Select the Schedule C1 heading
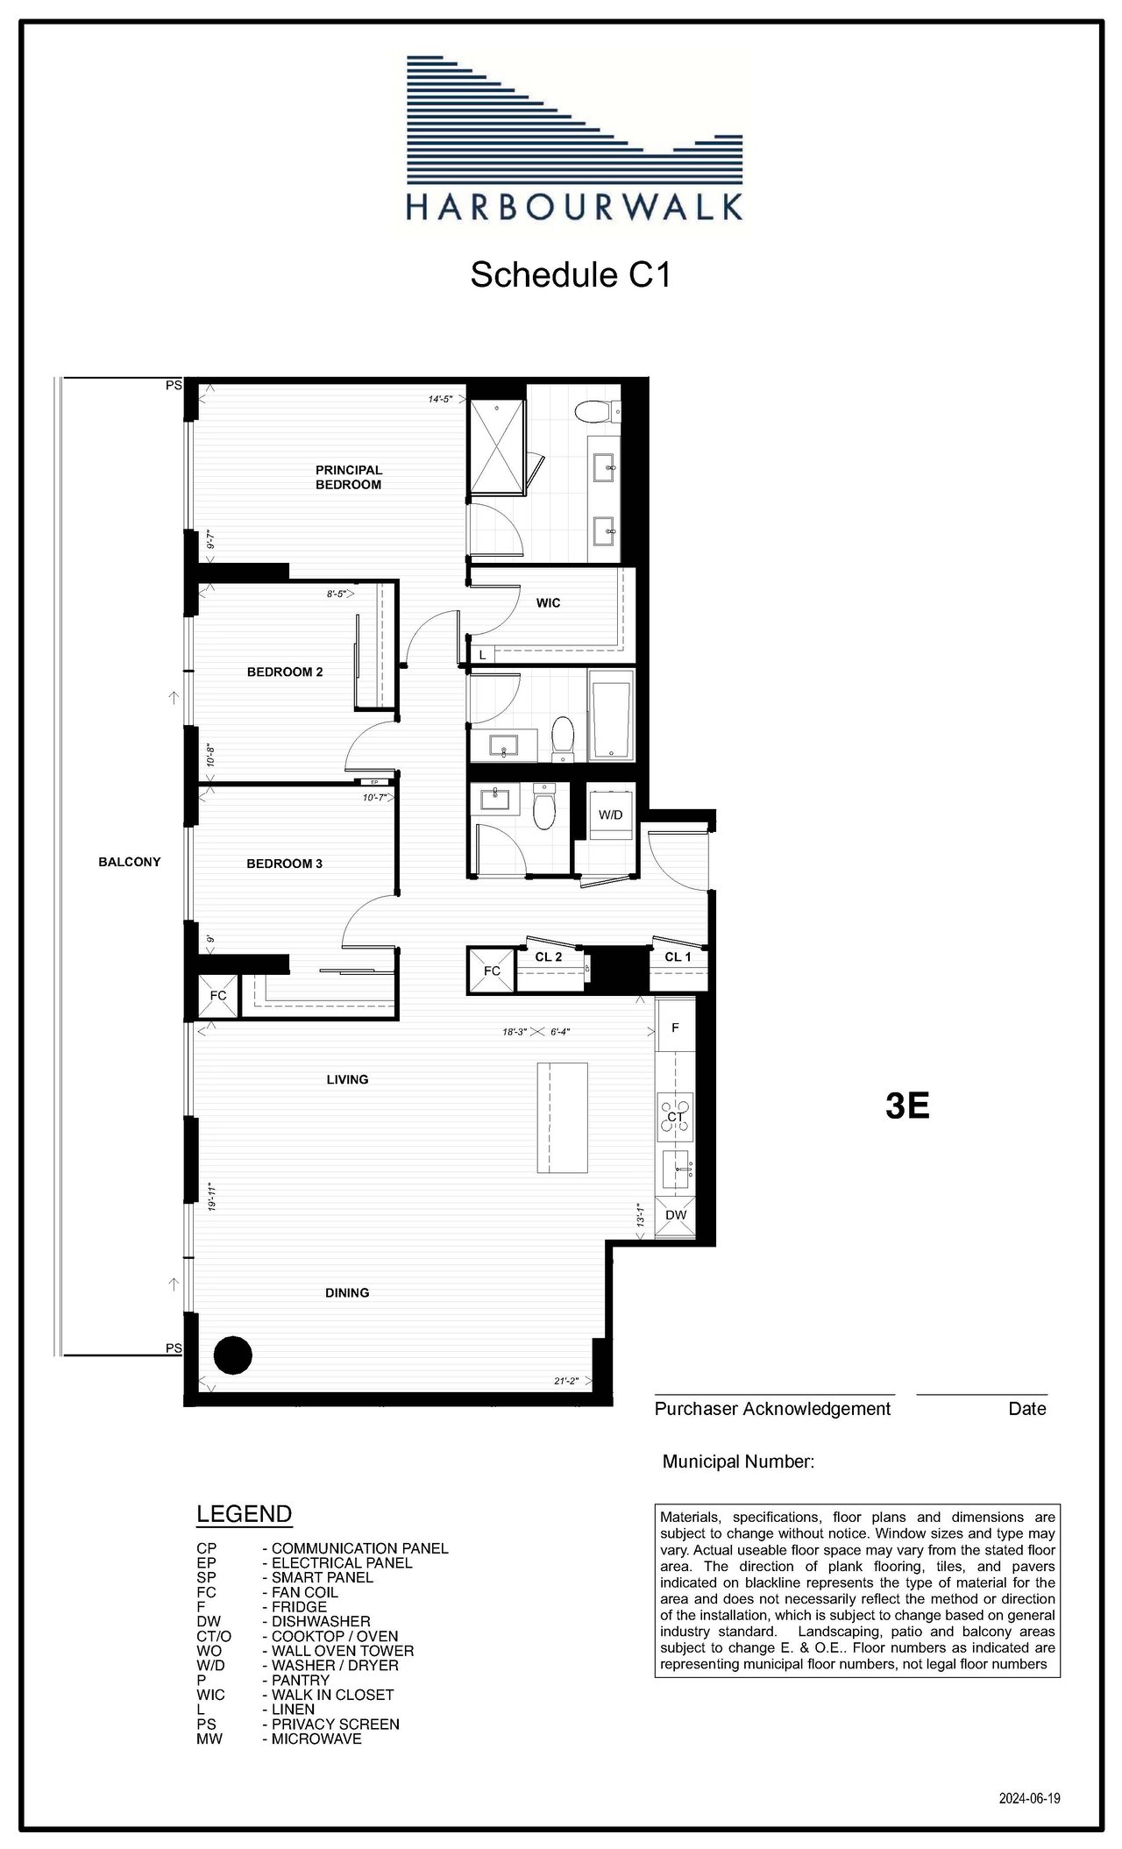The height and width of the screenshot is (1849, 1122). click(x=571, y=274)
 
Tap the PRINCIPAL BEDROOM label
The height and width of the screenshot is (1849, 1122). click(x=349, y=477)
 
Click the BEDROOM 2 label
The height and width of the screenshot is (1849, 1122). click(x=285, y=672)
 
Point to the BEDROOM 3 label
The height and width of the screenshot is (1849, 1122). click(x=284, y=864)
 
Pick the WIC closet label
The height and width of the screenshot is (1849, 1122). click(x=548, y=603)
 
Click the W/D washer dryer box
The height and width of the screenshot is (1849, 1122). click(x=610, y=814)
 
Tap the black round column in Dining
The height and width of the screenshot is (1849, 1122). click(x=233, y=1355)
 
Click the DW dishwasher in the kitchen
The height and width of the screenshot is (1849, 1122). click(x=676, y=1215)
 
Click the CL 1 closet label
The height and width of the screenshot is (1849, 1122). click(x=678, y=957)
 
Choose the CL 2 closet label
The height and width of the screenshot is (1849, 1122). click(x=549, y=957)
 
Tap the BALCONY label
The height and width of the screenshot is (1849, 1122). click(x=130, y=862)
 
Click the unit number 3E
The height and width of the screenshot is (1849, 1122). click(x=907, y=1106)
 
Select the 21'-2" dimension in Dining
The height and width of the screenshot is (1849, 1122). click(x=566, y=1381)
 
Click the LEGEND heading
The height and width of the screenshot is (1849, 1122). click(x=244, y=1514)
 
